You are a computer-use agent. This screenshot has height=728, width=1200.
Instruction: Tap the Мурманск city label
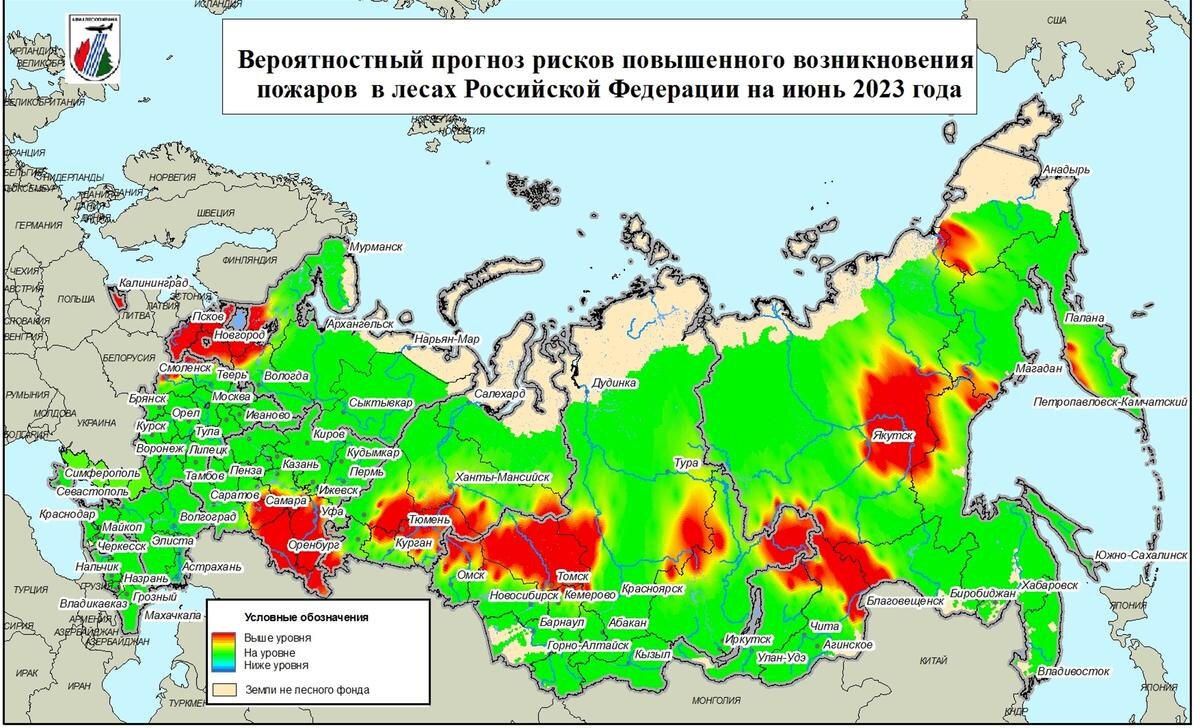375,245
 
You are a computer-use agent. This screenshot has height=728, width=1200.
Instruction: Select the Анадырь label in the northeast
1066,170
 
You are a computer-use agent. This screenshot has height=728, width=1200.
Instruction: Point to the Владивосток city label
1074,670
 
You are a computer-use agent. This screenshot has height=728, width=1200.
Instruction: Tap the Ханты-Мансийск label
501,477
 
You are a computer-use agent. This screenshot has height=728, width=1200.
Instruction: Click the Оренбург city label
314,546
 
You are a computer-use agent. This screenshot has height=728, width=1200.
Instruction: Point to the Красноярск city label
651,589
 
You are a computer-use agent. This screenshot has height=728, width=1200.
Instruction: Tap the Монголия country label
714,698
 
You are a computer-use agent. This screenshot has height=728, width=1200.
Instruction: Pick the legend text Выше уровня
277,637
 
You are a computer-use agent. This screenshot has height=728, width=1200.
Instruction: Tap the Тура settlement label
686,463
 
